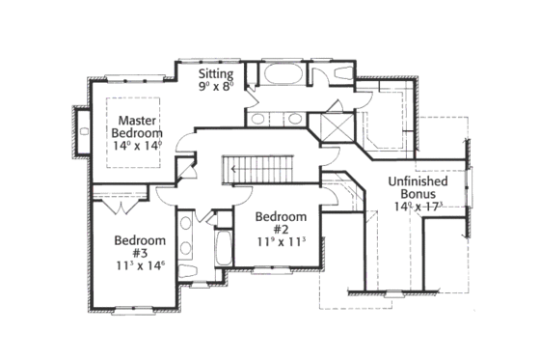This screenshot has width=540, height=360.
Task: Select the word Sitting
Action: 216,73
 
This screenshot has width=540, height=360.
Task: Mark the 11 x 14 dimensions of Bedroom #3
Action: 140,263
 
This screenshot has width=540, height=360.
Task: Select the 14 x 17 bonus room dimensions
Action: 418,206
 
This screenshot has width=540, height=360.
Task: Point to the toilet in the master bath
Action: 341,72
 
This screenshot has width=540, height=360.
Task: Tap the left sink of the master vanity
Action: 260,119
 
